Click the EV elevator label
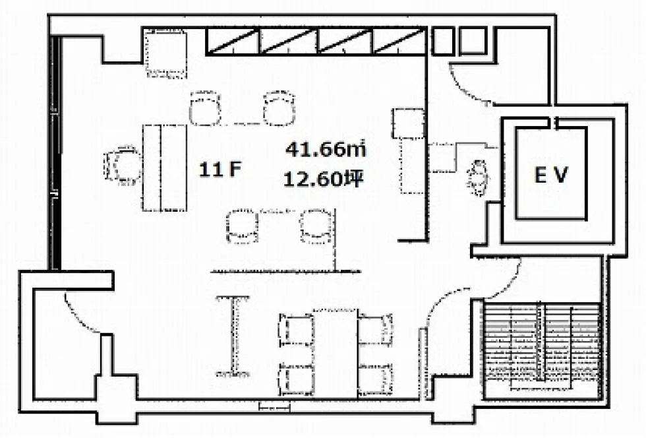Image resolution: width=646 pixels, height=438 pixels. [x=551, y=175]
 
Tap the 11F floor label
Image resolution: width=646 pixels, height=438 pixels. [x=220, y=169]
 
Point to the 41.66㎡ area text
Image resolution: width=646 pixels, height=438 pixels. [x=326, y=149]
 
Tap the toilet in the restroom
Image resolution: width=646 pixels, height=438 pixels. [x=478, y=178]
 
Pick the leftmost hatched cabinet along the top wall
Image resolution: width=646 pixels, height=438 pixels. [x=233, y=41]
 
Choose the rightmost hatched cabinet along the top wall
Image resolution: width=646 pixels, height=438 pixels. [x=399, y=41]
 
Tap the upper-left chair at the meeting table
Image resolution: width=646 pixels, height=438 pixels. [x=297, y=330]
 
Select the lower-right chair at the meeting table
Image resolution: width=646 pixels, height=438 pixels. [x=375, y=379]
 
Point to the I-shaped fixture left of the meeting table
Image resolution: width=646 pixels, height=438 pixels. [x=233, y=336]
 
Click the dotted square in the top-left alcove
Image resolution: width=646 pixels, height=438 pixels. [x=166, y=53]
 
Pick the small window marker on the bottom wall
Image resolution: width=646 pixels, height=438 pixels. [x=274, y=406]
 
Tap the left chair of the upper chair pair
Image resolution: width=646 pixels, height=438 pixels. [x=205, y=108]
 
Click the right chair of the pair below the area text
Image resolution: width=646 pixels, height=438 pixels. [x=316, y=226]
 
